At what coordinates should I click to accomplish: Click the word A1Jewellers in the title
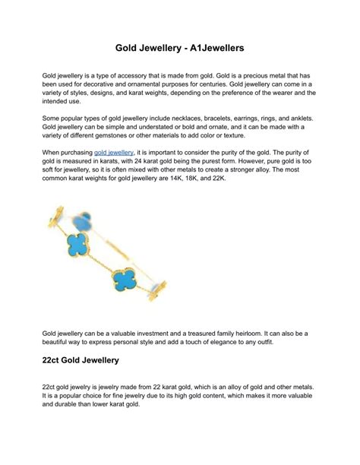click(213, 47)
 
